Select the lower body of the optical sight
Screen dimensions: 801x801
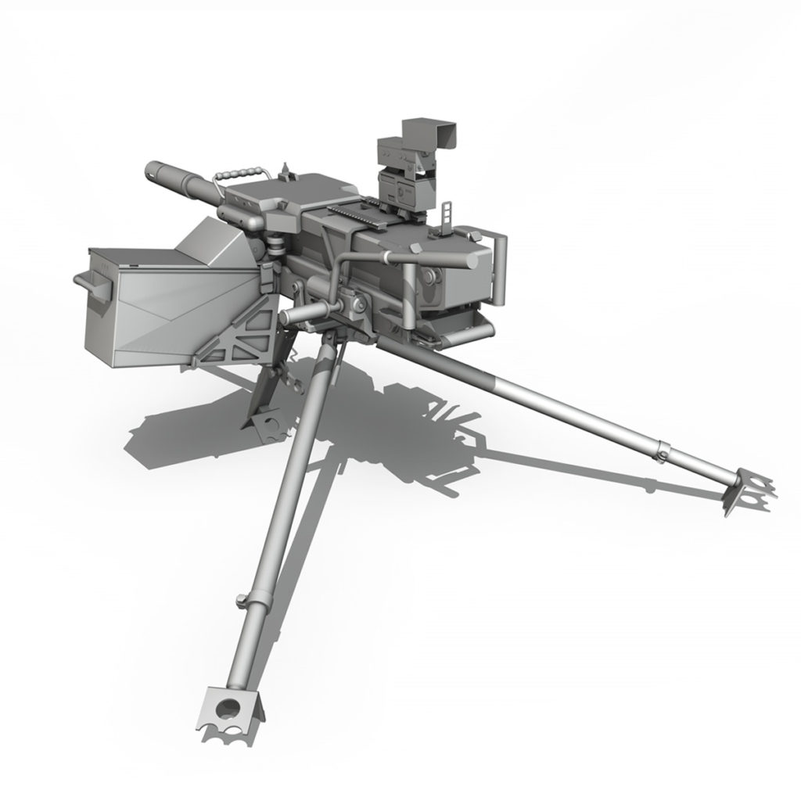point(402,184)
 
